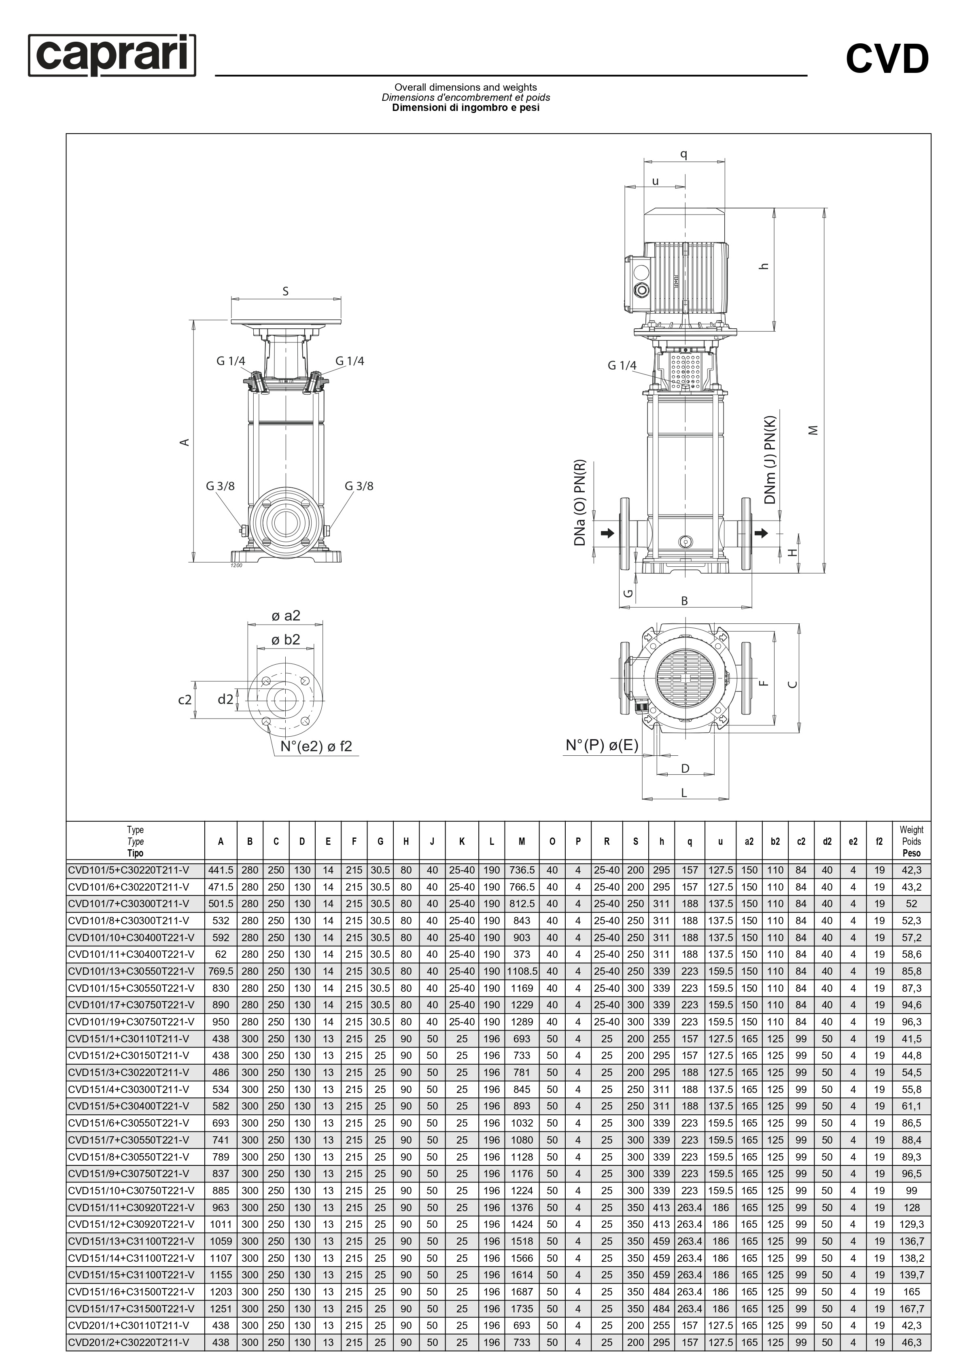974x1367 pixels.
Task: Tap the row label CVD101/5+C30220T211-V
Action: (x=128, y=870)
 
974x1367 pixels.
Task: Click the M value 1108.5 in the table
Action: (x=522, y=971)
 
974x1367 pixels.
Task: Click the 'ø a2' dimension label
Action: (x=286, y=615)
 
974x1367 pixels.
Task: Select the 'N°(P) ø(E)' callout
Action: (x=602, y=745)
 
